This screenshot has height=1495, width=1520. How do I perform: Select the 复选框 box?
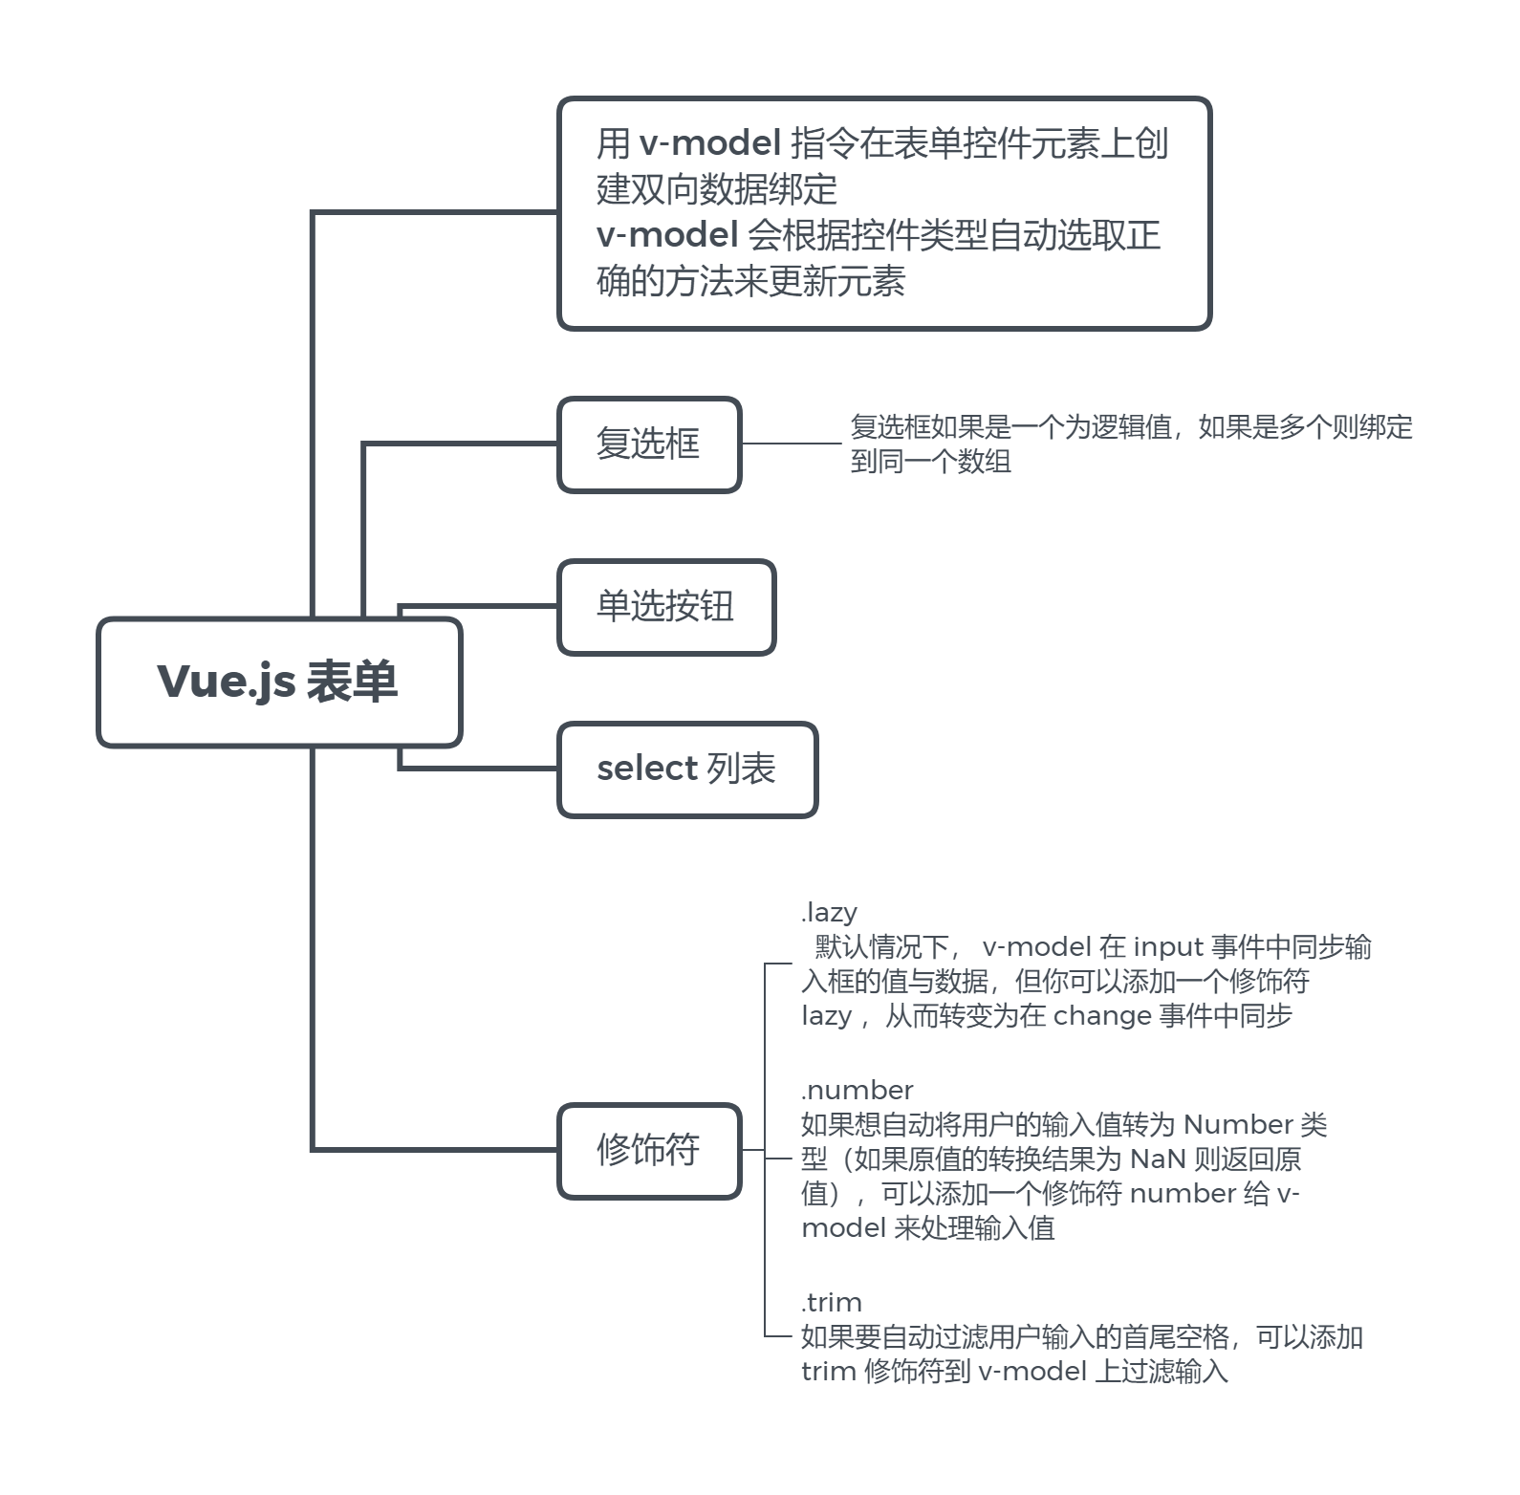(x=649, y=444)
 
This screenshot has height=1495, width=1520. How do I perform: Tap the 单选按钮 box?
(x=666, y=607)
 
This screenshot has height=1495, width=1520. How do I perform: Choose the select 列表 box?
(x=687, y=769)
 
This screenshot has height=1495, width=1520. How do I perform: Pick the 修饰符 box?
(x=649, y=1150)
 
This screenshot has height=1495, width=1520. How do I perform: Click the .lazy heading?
(x=829, y=912)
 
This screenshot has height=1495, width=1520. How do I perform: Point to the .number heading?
(x=858, y=1090)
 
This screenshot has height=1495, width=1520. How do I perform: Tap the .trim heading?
(x=832, y=1302)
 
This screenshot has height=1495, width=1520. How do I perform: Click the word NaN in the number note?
(x=1158, y=1159)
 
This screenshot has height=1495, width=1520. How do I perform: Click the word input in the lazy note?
(x=1167, y=947)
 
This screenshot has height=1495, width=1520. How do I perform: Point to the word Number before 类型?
(x=1238, y=1125)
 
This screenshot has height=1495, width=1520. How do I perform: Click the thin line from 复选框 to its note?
(x=792, y=444)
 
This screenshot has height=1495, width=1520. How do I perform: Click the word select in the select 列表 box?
(x=647, y=769)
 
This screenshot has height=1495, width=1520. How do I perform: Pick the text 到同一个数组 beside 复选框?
(x=931, y=462)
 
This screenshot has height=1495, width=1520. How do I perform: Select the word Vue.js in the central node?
(x=226, y=682)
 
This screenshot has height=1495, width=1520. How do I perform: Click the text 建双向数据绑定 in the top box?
(x=717, y=189)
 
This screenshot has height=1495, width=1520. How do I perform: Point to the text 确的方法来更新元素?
(x=751, y=281)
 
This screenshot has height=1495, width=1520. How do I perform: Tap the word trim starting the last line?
(x=829, y=1372)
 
